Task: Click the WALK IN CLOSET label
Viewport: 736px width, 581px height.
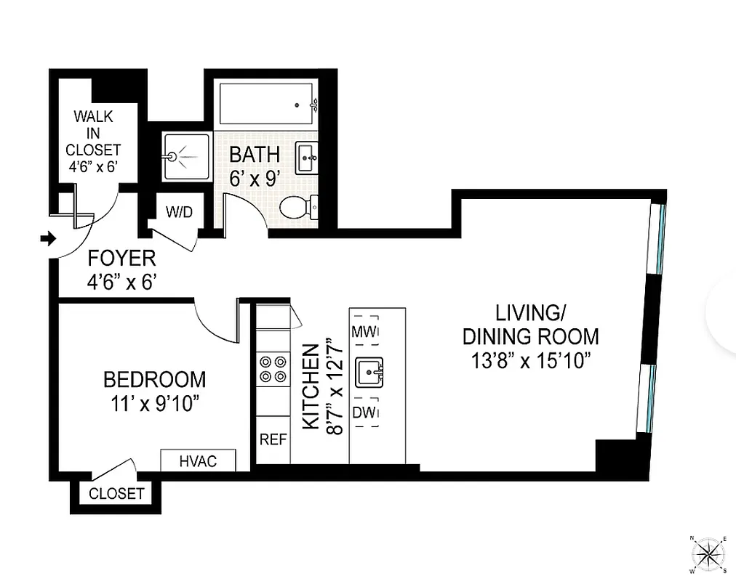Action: (93, 142)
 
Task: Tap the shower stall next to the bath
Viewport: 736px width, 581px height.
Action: (184, 155)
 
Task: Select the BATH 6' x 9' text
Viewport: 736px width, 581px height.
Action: (255, 166)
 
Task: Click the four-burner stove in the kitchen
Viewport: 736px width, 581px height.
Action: (272, 368)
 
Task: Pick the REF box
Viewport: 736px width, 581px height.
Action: (273, 439)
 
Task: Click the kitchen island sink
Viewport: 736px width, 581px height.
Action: (369, 373)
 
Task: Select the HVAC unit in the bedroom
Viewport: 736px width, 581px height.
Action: (198, 461)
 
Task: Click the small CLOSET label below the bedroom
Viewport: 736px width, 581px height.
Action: (116, 494)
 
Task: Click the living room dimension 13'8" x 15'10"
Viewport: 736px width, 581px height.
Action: (530, 361)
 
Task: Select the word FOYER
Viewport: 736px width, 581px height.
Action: (121, 258)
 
